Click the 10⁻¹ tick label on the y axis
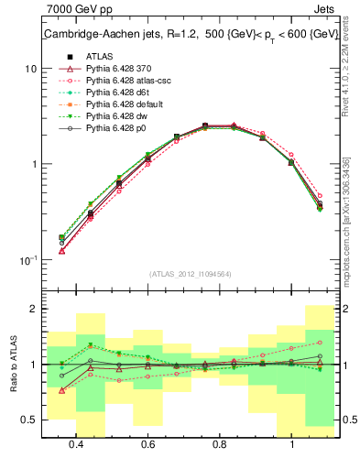[x=27, y=260]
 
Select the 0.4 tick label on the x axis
[x=77, y=444]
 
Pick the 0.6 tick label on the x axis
[x=148, y=444]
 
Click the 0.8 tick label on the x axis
[x=220, y=444]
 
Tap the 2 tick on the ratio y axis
[x=34, y=310]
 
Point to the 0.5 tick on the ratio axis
[x=29, y=420]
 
